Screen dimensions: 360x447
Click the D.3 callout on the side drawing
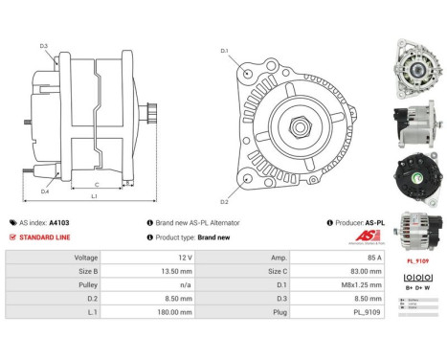point(44,46)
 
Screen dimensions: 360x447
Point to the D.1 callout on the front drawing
point(225,50)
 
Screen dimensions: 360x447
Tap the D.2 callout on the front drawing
point(225,202)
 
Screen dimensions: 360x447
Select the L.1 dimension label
point(93,196)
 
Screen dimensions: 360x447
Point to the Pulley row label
point(87,284)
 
